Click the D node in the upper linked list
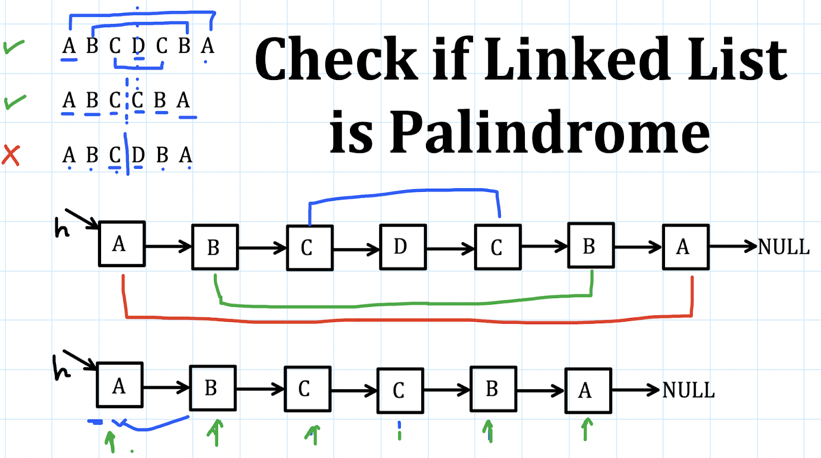tap(403, 247)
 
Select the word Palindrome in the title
tap(549, 132)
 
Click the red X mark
tap(11, 155)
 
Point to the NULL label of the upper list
tap(784, 247)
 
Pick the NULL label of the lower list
tap(688, 390)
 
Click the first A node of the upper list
tap(122, 244)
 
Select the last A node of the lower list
tap(588, 391)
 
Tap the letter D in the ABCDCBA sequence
tap(138, 46)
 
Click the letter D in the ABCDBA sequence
tap(138, 154)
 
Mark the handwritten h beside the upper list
tap(62, 228)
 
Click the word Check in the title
tap(336, 59)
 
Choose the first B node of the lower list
tap(212, 388)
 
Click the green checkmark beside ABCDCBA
tap(13, 47)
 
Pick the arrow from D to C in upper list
tap(450, 249)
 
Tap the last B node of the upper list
tap(591, 246)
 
